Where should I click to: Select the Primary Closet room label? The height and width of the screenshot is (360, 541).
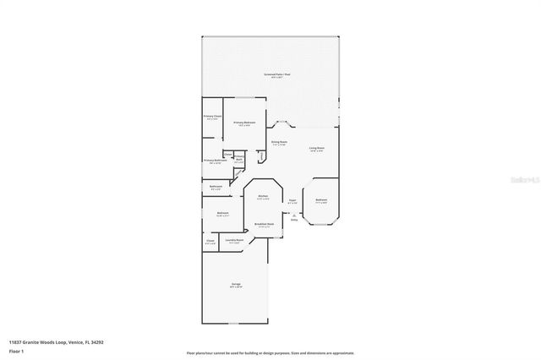(x=212, y=117)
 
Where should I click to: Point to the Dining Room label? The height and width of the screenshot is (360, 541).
(x=279, y=143)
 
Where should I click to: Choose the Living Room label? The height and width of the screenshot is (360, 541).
(x=316, y=149)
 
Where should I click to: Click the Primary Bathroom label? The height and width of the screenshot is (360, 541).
(x=214, y=161)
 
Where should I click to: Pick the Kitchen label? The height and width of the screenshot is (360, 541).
(x=263, y=196)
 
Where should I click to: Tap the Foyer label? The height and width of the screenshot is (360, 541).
(x=292, y=201)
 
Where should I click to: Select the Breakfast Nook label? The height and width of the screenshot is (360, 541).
(x=264, y=225)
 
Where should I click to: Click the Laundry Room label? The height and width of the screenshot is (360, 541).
(x=234, y=241)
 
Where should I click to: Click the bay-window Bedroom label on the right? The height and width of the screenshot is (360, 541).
(x=321, y=201)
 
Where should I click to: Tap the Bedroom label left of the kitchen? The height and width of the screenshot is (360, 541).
(x=222, y=213)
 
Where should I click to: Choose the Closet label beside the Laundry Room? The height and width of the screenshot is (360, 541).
(x=210, y=241)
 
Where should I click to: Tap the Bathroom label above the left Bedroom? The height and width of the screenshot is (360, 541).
(x=216, y=186)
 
